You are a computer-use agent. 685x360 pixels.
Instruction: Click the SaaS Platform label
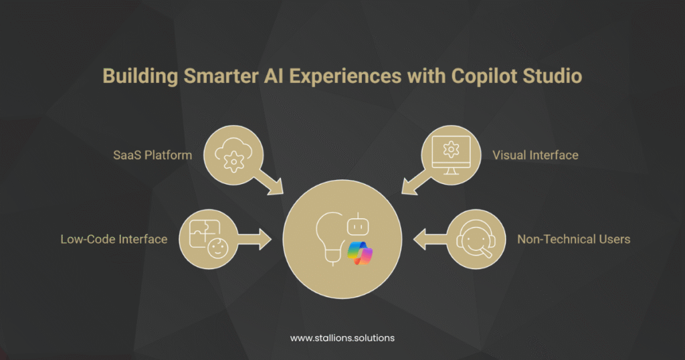click(153, 155)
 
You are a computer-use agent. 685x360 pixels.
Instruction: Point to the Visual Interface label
click(535, 155)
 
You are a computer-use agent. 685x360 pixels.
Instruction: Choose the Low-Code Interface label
click(114, 239)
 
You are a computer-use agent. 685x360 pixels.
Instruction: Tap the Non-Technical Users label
click(573, 239)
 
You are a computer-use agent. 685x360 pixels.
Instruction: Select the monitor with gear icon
click(452, 155)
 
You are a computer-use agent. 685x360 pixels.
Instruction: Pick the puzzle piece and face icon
click(207, 238)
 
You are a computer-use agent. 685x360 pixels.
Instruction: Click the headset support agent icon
click(476, 239)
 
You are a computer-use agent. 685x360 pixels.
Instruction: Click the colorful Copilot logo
click(360, 254)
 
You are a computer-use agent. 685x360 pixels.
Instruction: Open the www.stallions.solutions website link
click(342, 338)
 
